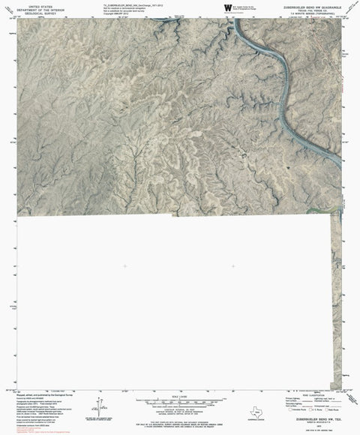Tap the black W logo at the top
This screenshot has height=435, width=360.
226,7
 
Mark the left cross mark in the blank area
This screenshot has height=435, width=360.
125,267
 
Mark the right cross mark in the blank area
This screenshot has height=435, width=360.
234,267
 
